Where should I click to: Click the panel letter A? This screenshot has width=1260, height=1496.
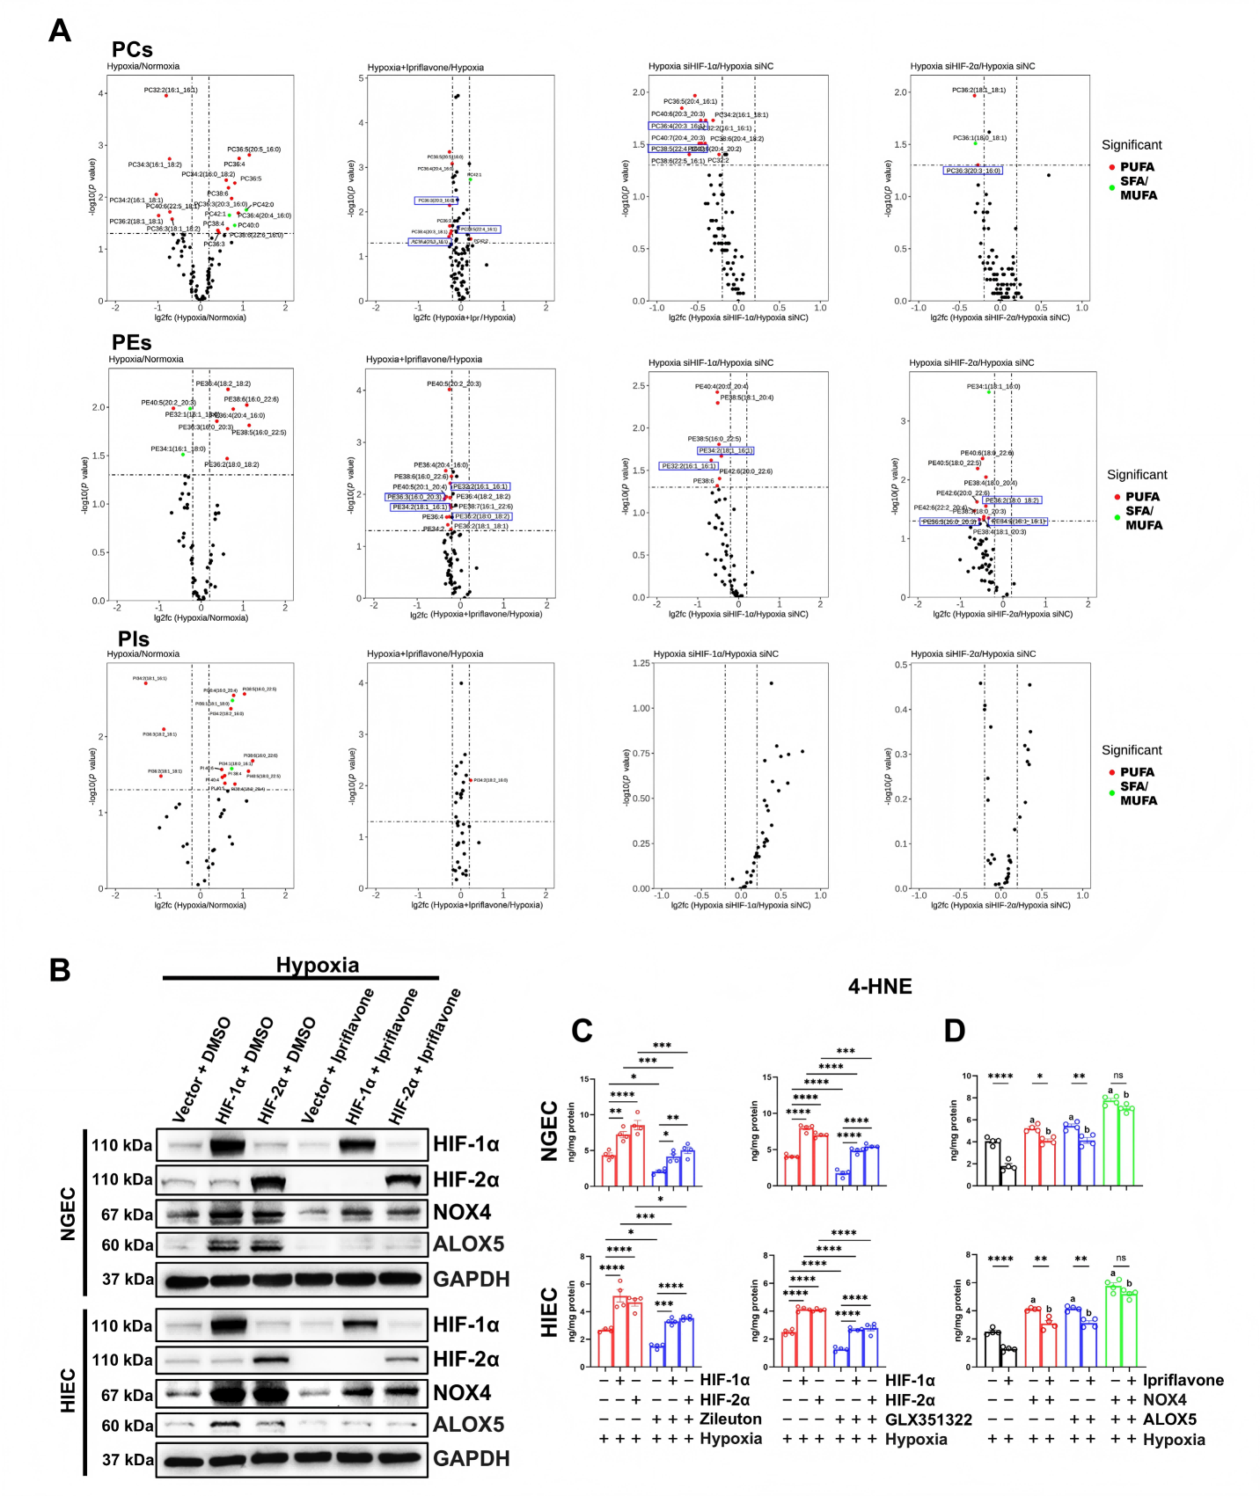point(60,32)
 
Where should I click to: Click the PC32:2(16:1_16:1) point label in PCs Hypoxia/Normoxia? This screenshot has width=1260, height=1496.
point(171,90)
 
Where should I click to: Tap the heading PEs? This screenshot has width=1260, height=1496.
point(132,343)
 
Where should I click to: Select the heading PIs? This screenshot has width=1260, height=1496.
point(134,639)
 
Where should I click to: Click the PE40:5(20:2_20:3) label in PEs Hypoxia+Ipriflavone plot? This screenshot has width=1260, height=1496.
point(454,383)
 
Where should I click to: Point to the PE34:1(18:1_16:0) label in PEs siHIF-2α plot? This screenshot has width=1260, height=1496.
point(993,386)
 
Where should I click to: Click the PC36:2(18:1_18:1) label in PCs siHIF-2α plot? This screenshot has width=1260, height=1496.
point(978,90)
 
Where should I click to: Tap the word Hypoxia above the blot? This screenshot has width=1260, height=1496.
point(318,965)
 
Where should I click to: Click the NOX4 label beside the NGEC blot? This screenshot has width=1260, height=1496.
point(462,1213)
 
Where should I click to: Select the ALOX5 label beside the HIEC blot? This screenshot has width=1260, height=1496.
point(469,1425)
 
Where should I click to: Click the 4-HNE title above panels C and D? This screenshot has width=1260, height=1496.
point(880,987)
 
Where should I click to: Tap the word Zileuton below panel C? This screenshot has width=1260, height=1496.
point(731,1419)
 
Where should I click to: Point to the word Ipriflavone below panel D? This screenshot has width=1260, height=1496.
point(1183,1381)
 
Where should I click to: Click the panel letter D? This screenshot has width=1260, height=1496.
point(955,1031)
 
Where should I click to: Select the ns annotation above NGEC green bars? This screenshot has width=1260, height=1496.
point(1118,1076)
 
